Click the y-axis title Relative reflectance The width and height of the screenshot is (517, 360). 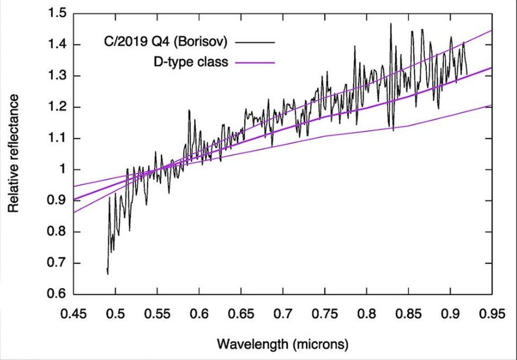tap(13, 154)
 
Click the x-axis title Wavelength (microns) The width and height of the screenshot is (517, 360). tap(283, 345)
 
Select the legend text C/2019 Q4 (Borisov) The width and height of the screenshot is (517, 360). tap(166, 41)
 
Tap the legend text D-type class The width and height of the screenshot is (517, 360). tap(190, 62)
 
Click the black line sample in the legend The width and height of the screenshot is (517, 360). tap(255, 41)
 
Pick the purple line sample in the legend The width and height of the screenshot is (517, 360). tap(255, 62)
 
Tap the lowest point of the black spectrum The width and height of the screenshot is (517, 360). tap(108, 274)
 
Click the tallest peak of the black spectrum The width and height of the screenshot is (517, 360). tap(390, 23)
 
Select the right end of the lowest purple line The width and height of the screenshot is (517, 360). tap(492, 105)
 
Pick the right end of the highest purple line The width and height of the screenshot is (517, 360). tap(492, 31)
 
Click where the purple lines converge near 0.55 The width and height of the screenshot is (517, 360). tap(157, 169)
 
